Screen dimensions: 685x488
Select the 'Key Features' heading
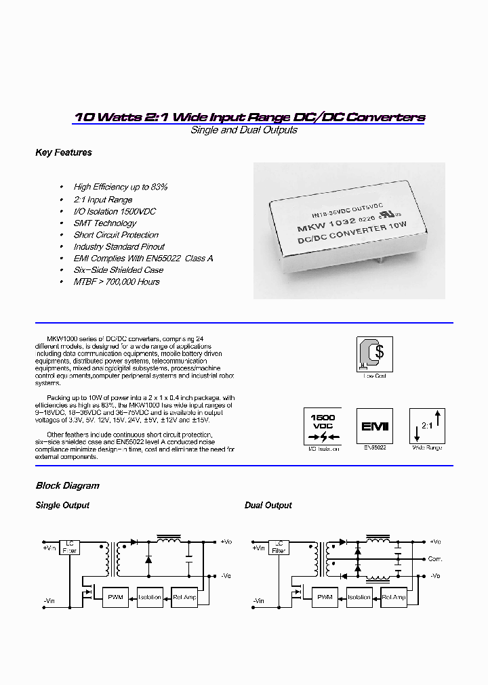pos(63,153)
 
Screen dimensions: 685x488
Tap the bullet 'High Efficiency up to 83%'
pos(120,187)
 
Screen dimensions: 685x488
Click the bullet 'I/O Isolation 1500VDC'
pos(115,211)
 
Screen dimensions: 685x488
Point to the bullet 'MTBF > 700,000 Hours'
pos(117,282)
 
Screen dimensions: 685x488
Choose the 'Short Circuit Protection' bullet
pos(116,235)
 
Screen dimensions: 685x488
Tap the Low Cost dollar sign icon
pos(374,353)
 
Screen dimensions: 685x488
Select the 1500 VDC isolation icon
pos(322,426)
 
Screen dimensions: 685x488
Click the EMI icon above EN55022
pos(374,426)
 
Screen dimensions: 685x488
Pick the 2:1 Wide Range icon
pos(426,426)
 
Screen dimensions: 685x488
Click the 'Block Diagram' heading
pos(67,486)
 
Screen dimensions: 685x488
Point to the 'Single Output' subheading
pos(62,506)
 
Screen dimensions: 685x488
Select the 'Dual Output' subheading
pos(268,506)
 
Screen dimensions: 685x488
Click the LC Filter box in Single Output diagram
pos(69,547)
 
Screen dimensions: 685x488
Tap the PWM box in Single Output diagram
pos(114,597)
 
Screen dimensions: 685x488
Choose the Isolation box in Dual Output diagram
pos(359,597)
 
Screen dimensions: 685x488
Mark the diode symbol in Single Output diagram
pos(148,559)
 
